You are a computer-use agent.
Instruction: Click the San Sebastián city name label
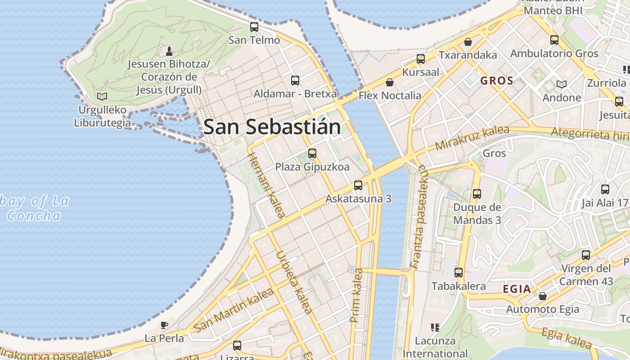[x=272, y=127]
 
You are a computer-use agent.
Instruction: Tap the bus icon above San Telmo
[x=254, y=27]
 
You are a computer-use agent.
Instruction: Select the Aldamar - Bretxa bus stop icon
[x=295, y=81]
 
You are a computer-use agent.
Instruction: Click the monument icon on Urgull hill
[x=169, y=50]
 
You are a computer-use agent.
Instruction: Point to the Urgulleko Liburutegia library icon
[x=102, y=96]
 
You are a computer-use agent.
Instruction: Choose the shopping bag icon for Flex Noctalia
[x=390, y=82]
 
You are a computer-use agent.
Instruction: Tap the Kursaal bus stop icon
[x=421, y=58]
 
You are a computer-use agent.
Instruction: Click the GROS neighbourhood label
[x=497, y=81]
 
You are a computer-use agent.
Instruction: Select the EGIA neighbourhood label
[x=517, y=289]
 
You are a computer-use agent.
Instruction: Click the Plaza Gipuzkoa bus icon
[x=312, y=153]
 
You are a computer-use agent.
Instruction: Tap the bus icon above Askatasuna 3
[x=358, y=185]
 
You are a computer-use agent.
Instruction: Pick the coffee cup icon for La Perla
[x=164, y=325]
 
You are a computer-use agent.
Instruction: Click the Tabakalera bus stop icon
[x=459, y=272]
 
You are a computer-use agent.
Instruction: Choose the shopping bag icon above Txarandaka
[x=468, y=42]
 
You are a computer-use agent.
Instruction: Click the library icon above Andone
[x=562, y=84]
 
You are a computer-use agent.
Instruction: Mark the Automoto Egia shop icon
[x=543, y=296]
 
